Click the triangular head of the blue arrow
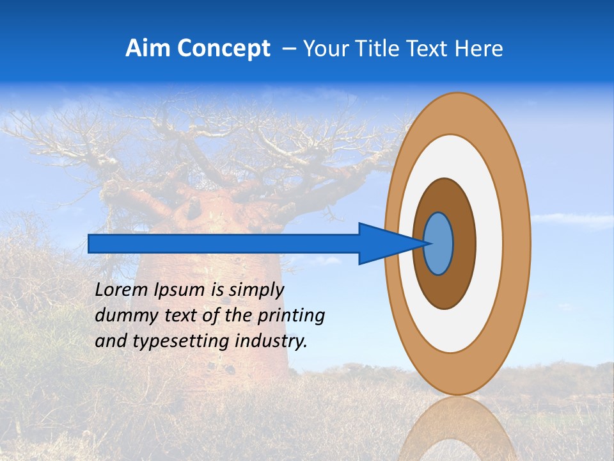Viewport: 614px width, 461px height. tap(384, 243)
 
